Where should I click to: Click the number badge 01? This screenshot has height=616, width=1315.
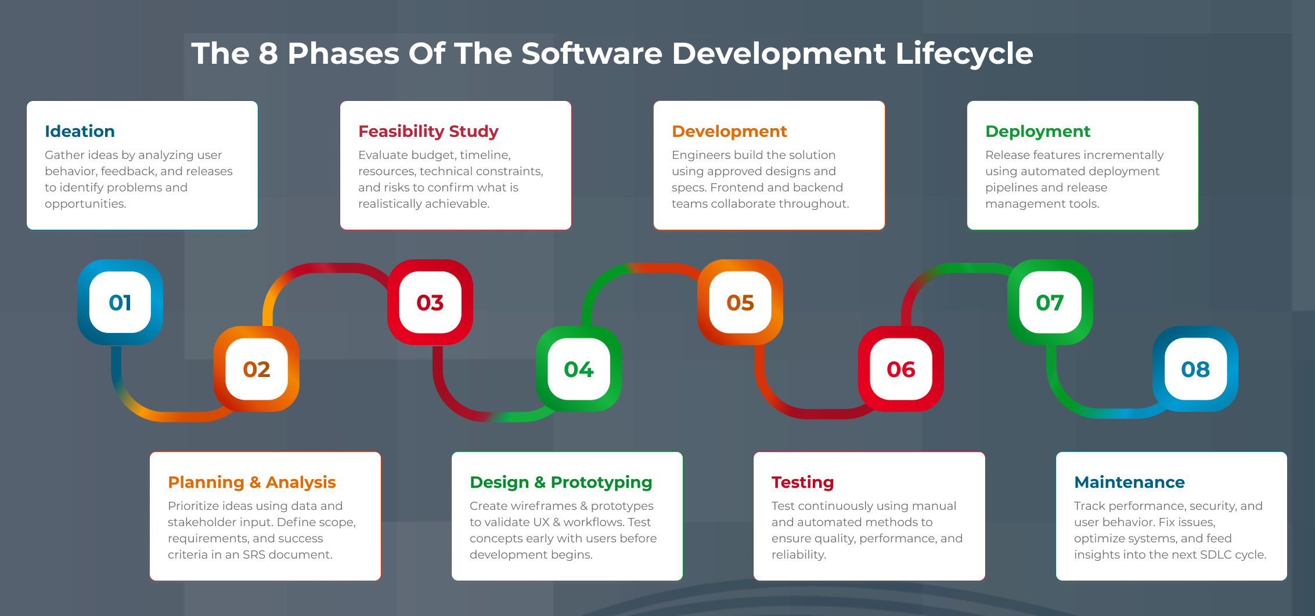120,302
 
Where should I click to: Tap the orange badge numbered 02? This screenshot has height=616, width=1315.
257,369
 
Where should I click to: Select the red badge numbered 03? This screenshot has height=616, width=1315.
430,302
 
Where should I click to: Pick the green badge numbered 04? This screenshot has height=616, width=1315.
579,369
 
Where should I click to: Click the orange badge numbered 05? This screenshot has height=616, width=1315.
740,302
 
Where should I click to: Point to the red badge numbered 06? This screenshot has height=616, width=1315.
901,369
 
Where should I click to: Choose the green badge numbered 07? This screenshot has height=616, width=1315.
1050,302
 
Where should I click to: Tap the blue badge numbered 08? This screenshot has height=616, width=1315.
1195,369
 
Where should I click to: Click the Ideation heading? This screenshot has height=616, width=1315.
80,131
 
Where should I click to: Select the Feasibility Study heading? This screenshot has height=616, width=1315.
428,131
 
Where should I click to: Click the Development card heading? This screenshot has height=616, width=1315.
729,131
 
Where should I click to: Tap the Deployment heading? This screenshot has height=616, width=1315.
1037,131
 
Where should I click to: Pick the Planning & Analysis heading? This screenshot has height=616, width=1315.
251,482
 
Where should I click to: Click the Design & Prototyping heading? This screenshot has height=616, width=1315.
561,482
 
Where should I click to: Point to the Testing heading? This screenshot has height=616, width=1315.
802,482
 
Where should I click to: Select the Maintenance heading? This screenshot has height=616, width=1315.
1129,482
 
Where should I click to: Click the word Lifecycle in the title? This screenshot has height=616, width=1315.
964,53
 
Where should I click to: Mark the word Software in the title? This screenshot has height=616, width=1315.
592,53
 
